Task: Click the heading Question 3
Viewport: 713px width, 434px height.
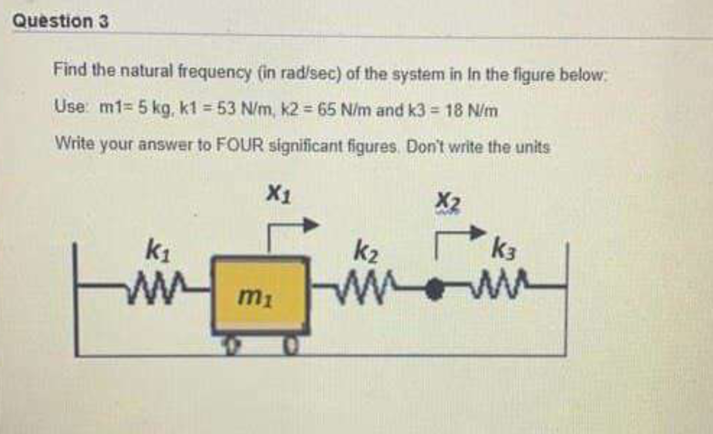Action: (61, 22)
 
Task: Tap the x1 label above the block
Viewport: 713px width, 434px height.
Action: (279, 194)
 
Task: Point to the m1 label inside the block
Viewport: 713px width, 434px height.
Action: (255, 297)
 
